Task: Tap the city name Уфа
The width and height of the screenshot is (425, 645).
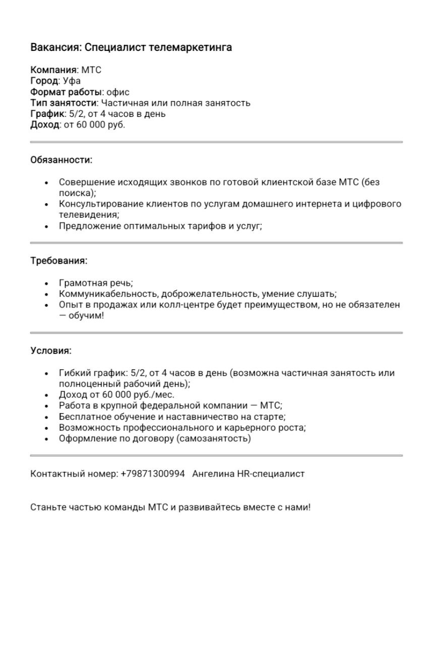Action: (72, 81)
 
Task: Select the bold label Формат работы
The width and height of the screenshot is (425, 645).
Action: (67, 92)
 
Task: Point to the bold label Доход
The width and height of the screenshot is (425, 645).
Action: (45, 124)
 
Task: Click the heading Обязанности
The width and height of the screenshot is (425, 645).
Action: (61, 160)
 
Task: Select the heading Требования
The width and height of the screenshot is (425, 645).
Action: (58, 261)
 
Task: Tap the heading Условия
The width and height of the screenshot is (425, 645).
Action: (51, 351)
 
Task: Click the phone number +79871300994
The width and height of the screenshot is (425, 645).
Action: (153, 474)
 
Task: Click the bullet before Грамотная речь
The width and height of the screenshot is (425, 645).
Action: (47, 284)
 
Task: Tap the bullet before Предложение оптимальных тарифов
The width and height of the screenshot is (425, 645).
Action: (47, 227)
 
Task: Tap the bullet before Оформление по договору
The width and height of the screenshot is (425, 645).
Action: (47, 439)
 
